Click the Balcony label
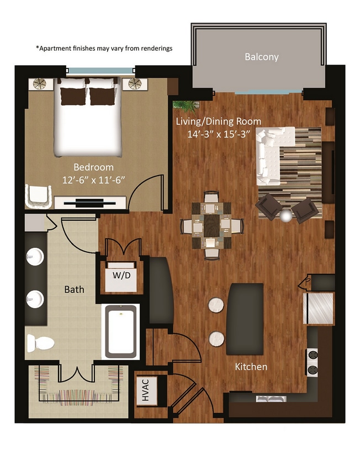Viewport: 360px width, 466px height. coord(261,57)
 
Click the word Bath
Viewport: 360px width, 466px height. coord(74,289)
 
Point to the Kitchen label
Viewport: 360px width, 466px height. coord(251,367)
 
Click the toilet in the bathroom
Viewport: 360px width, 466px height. coord(40,343)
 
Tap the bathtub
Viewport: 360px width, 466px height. coord(120,332)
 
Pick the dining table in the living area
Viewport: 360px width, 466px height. coord(212,225)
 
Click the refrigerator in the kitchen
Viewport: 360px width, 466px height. coord(320,308)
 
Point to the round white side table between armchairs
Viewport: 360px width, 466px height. coord(285,216)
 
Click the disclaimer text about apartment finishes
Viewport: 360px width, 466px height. coord(104,48)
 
